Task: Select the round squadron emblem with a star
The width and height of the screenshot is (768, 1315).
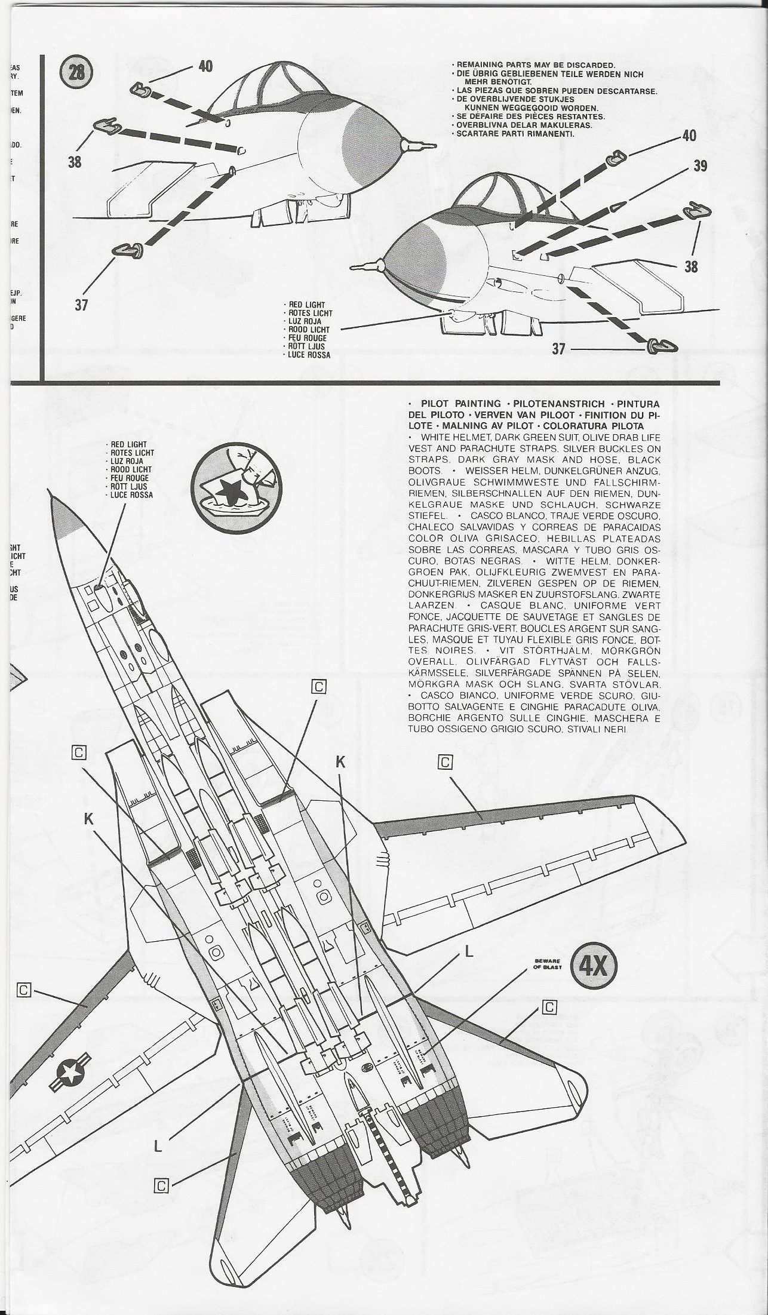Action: click(x=229, y=482)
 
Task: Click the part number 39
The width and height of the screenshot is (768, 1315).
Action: click(x=700, y=165)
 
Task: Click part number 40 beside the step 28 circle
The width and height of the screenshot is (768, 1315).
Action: click(x=205, y=66)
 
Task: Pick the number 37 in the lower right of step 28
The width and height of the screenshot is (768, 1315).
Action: click(x=558, y=349)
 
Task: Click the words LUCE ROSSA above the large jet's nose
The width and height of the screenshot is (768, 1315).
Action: click(x=131, y=494)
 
